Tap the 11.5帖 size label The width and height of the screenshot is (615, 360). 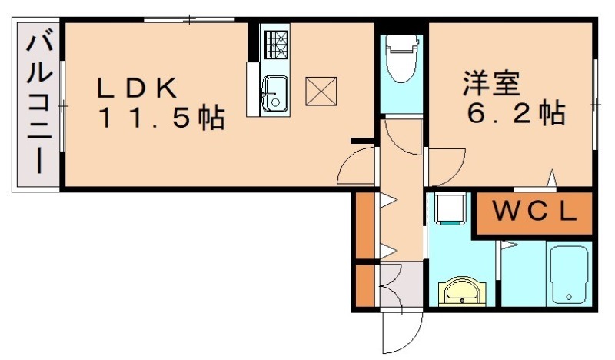(161, 119)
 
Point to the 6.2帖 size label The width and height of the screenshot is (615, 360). (517, 114)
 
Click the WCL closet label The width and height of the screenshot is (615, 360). (534, 213)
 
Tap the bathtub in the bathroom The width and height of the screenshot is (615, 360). (570, 275)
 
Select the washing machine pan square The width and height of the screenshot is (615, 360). (449, 208)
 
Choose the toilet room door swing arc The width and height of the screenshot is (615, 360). (402, 135)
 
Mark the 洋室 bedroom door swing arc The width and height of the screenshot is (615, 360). (447, 165)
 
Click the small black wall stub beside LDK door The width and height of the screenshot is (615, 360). (361, 141)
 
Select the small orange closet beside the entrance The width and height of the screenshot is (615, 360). (365, 285)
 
